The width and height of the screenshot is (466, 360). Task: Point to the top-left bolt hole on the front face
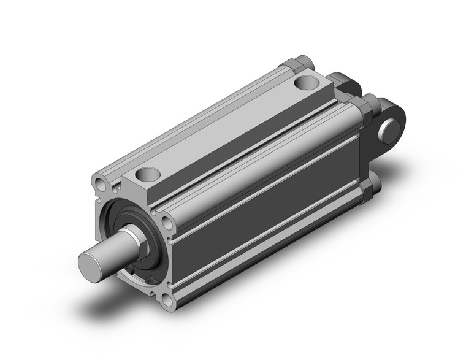coord(100,182)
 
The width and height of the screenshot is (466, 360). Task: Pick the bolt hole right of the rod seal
coord(167,222)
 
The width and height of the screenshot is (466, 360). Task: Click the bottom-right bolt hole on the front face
coord(168,301)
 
